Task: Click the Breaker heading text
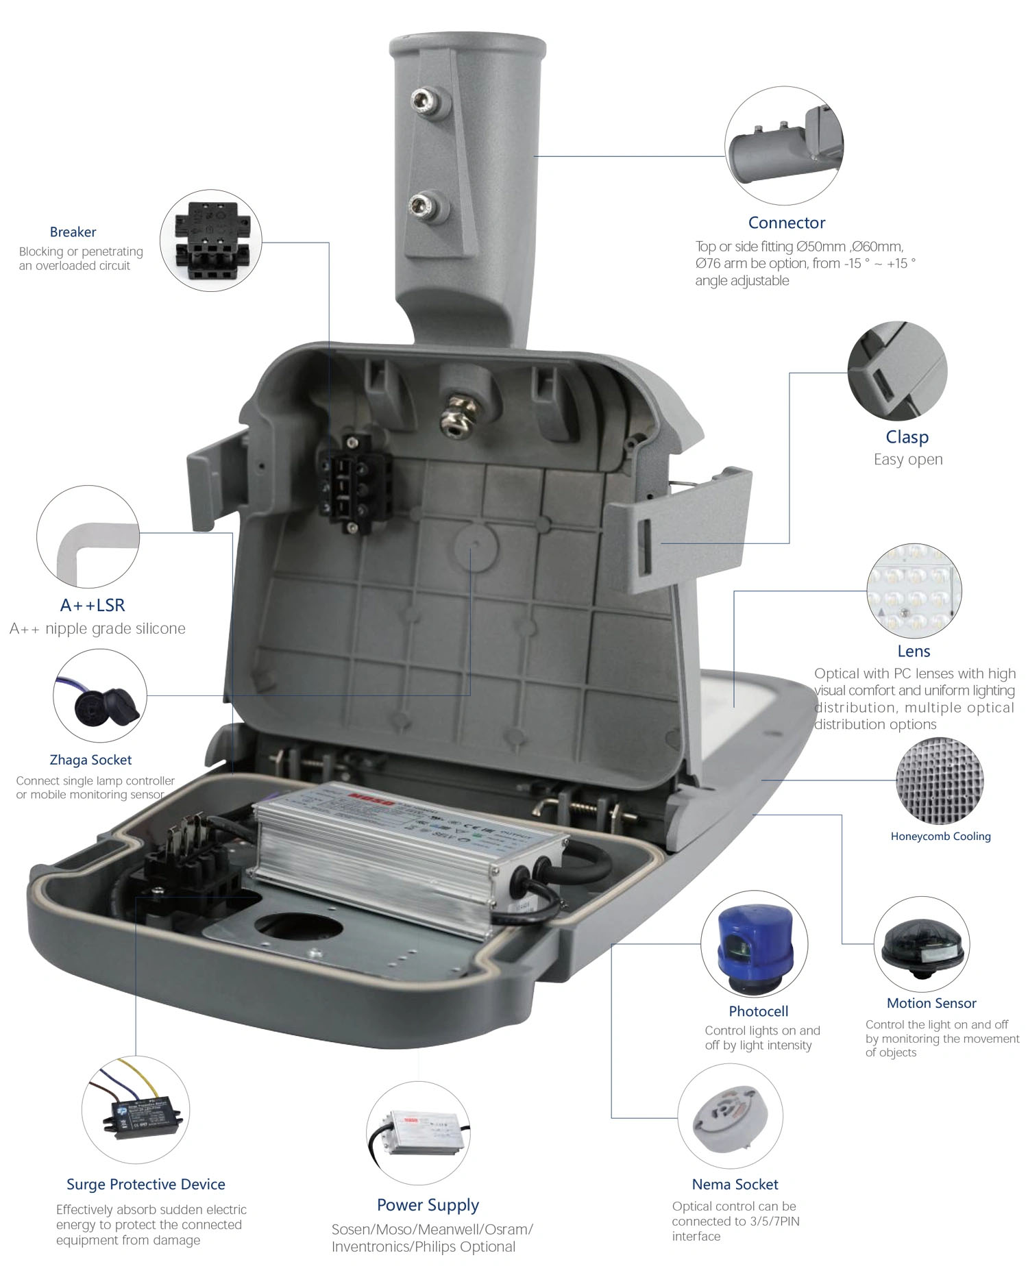point(73,232)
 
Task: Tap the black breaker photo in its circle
point(211,240)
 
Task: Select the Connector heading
point(786,223)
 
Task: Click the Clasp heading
point(907,437)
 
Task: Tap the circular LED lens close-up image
point(914,591)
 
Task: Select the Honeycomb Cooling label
point(940,836)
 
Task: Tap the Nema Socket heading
point(735,1184)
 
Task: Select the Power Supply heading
point(428,1204)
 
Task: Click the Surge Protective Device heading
point(145,1184)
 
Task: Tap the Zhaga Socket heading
point(90,759)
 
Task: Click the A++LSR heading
point(93,605)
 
